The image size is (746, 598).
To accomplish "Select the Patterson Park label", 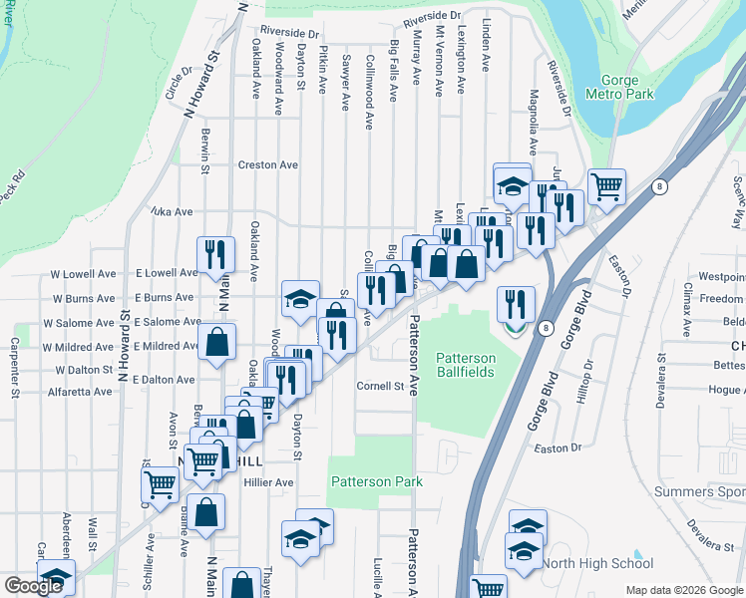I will point(376,481).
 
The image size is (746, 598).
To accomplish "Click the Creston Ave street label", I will point(267,165).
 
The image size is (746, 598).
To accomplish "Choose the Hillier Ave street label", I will point(268,482).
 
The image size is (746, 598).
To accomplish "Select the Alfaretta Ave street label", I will point(81,393).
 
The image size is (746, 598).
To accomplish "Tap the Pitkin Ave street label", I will point(322,68).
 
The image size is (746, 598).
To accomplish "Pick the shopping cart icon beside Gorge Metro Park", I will point(605,184).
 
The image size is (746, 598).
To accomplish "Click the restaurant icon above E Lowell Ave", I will point(215,254).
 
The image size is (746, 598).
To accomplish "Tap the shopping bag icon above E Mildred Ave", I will point(216,342).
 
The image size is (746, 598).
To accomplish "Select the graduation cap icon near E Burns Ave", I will point(300,297).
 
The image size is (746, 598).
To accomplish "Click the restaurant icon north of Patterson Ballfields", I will point(515,304).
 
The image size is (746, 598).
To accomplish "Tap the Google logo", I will point(33,586).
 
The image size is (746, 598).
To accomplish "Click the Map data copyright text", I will point(684,590).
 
